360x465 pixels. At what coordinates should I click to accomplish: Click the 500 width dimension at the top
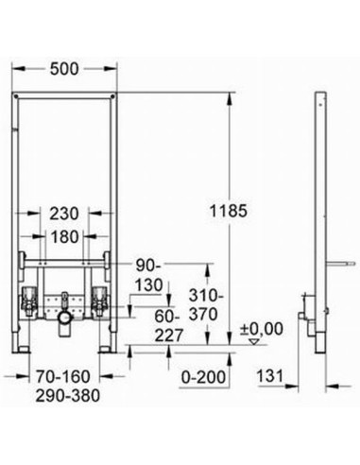point(64,69)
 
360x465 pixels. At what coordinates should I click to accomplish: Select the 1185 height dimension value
point(229,211)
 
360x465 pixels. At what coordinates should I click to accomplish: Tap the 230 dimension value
point(64,214)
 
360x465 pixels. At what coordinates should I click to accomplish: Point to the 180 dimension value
point(64,236)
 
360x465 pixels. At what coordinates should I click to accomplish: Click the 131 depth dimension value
point(270,375)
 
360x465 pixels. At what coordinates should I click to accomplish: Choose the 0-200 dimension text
point(204,377)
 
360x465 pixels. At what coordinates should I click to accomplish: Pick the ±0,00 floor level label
point(262,329)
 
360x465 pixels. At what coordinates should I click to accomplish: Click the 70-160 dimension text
point(63,376)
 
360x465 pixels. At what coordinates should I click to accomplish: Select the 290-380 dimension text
point(67,396)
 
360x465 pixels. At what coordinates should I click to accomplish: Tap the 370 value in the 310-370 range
point(203,314)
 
